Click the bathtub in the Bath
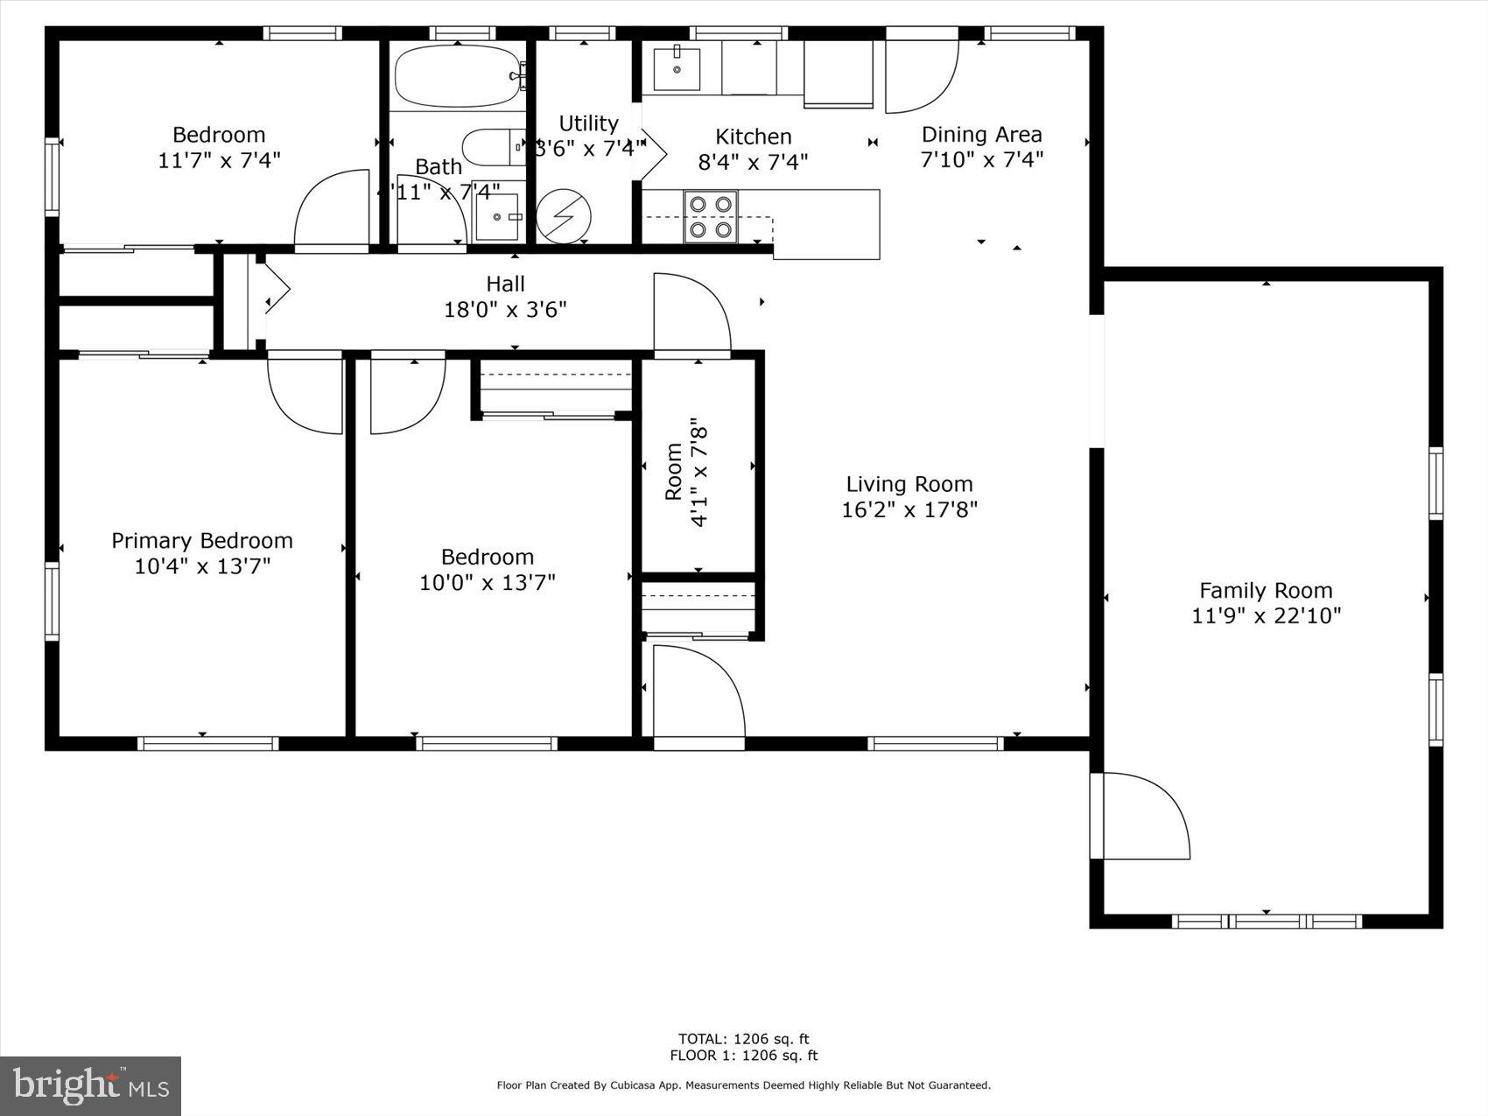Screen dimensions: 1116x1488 [x=457, y=76]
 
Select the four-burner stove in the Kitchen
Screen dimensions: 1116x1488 [x=710, y=216]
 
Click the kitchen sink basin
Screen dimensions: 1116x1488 [x=677, y=69]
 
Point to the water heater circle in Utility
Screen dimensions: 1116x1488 [x=563, y=215]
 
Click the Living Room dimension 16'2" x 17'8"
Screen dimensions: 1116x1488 [x=909, y=509]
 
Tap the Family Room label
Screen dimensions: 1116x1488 [x=1265, y=590]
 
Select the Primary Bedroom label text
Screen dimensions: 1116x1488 [x=201, y=540]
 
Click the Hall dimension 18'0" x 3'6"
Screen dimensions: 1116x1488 [x=505, y=309]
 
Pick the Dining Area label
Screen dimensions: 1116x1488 [x=981, y=134]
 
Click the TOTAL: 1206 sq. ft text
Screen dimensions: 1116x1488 [x=743, y=1039]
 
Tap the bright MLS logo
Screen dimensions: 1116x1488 [x=91, y=1086]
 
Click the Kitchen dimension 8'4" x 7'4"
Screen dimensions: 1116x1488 [x=753, y=161]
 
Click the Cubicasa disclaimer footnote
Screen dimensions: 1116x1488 [x=743, y=1085]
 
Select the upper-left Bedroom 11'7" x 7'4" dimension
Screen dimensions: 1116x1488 [x=219, y=159]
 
